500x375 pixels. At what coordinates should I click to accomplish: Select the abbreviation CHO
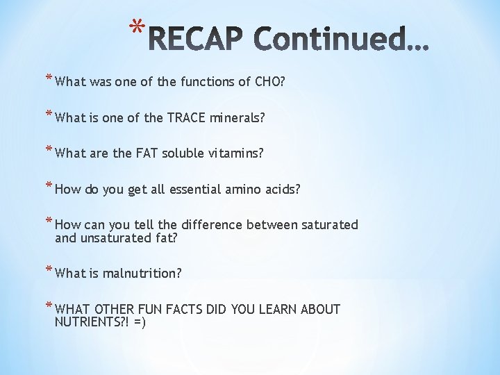(269, 82)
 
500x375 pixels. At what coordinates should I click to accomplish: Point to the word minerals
(238, 118)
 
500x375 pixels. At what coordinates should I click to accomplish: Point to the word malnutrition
(142, 274)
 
